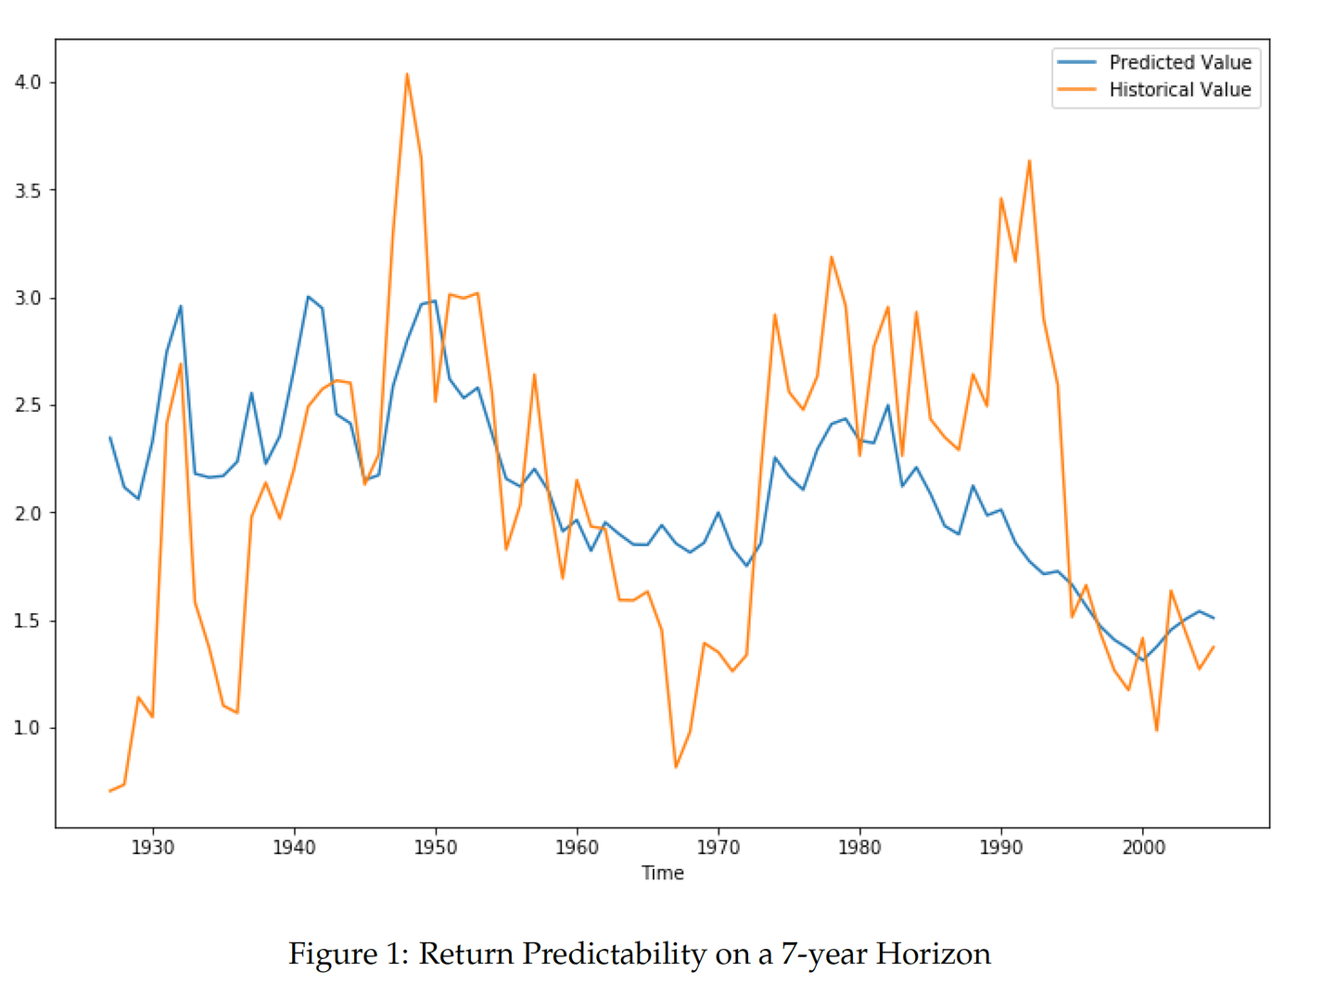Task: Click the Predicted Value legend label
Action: pos(1179,62)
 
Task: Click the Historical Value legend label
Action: pos(1179,90)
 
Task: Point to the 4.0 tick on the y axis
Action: pos(28,83)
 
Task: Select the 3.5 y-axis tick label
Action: pos(28,190)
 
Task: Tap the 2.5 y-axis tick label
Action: pos(28,405)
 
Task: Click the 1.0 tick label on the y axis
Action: pos(28,728)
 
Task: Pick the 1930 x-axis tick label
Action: pos(153,847)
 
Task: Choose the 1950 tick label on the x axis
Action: pos(436,847)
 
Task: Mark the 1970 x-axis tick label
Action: pos(718,847)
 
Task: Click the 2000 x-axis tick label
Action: pos(1143,847)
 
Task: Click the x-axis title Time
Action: pos(663,873)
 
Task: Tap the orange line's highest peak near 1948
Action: pos(407,74)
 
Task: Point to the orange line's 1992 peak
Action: pos(1029,161)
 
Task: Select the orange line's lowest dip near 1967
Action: pos(676,767)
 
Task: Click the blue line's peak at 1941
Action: pos(308,297)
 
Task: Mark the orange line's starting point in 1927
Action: pos(110,790)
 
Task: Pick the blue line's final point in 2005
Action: pos(1213,618)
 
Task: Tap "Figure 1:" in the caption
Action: pos(349,953)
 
